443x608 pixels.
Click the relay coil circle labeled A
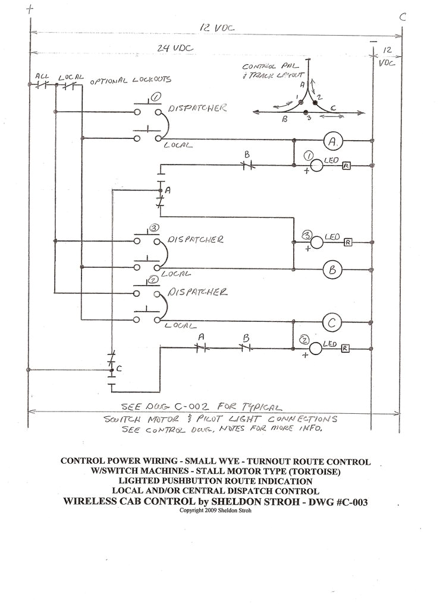(x=333, y=141)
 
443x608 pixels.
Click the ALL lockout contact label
(x=42, y=76)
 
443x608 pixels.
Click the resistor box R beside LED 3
(x=348, y=242)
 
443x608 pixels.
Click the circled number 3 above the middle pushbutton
(x=153, y=227)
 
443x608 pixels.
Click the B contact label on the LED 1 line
(x=246, y=155)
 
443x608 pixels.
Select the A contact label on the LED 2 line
(x=201, y=337)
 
